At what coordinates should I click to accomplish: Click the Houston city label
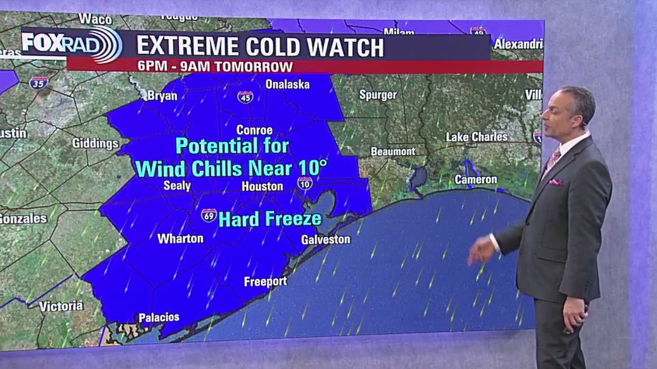262,187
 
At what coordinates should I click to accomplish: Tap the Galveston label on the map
326,239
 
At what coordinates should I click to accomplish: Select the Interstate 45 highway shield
245,97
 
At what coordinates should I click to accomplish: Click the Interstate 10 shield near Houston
305,183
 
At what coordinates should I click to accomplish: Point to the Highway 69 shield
209,215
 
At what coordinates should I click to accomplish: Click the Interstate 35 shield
38,83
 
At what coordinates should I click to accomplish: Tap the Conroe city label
254,130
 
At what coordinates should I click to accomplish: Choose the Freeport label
265,282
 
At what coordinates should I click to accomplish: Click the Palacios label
159,317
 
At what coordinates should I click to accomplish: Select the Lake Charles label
476,137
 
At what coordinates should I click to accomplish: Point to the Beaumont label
393,151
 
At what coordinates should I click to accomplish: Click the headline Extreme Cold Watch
260,47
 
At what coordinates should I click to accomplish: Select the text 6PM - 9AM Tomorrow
215,67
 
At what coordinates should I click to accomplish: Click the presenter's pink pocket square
556,181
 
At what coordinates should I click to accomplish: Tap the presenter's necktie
553,161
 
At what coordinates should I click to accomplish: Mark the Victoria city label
61,307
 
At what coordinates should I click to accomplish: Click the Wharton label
180,239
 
